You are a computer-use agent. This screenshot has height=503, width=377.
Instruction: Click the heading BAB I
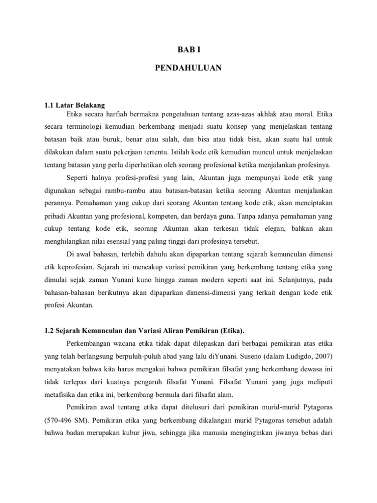point(188,50)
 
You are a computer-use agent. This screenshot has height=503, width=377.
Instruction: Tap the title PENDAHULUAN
point(188,68)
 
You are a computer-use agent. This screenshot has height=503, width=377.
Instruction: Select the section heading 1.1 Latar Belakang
point(74,105)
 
